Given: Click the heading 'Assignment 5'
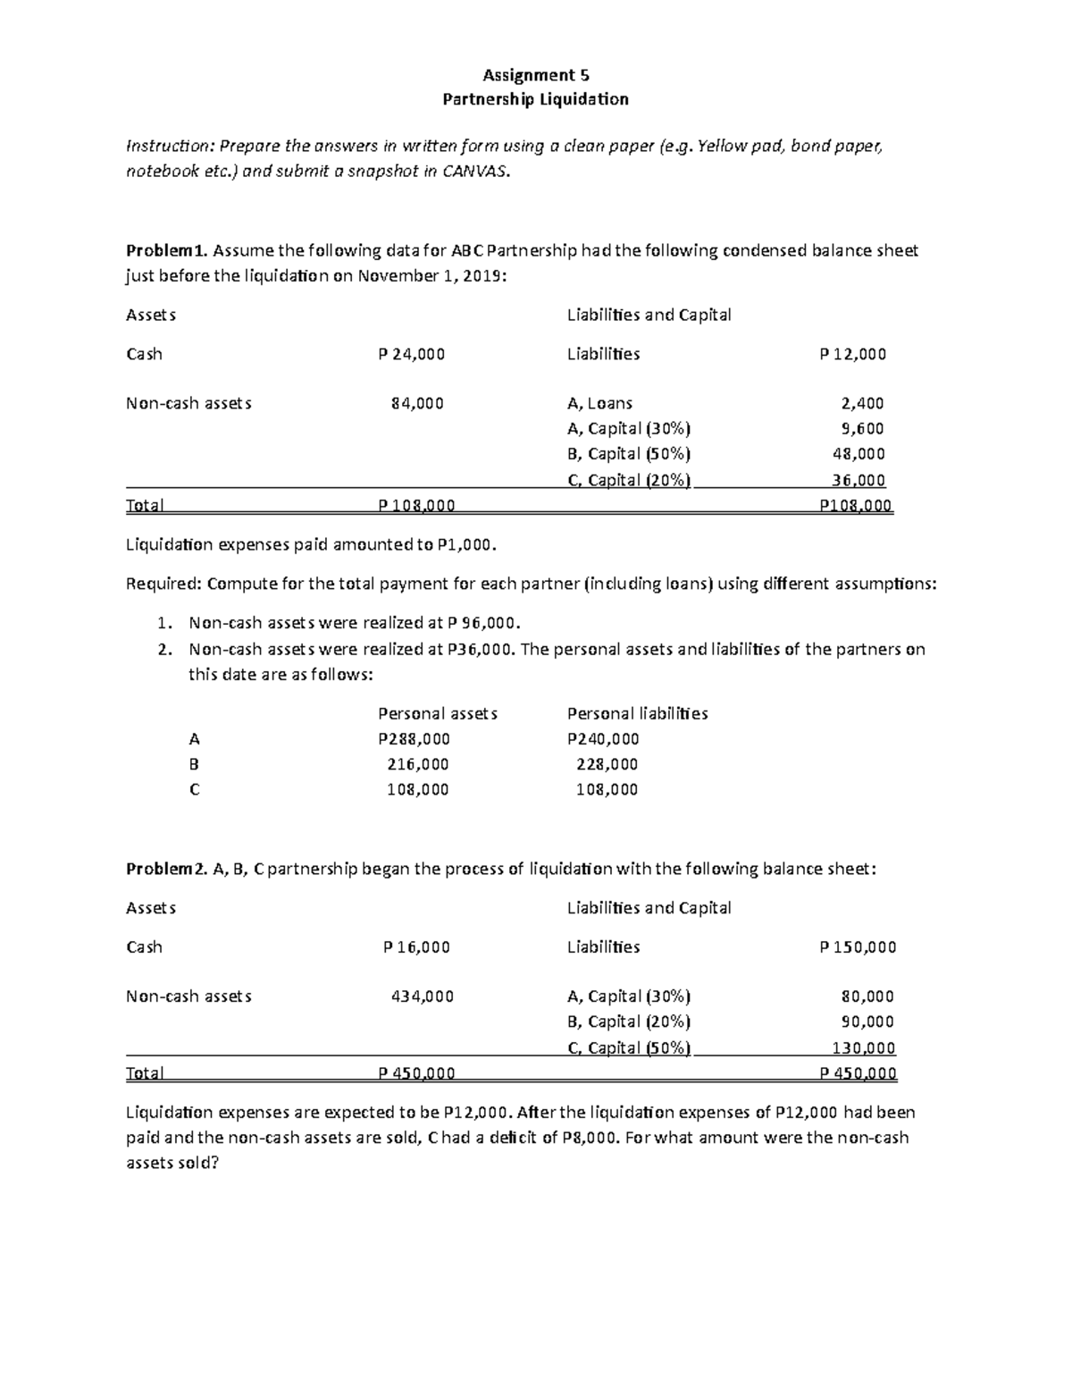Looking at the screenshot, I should click(536, 75).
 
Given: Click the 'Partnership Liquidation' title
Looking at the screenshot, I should click(536, 99).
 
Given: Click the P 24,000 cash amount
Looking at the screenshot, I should click(412, 354).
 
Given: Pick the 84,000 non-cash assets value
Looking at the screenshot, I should click(417, 403).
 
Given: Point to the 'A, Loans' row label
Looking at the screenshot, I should click(599, 403).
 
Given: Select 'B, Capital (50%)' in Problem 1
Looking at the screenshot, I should click(629, 453).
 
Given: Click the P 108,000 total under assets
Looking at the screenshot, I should click(416, 506).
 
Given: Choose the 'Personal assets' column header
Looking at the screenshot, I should click(438, 713).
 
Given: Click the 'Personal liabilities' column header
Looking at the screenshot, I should click(637, 713).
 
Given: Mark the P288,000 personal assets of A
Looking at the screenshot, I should click(414, 739).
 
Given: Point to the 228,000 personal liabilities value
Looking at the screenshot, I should click(607, 764).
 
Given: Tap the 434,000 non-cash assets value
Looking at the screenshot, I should click(423, 997).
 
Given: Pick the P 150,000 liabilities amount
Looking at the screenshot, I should click(858, 947).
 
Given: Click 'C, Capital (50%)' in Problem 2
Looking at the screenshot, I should click(629, 1047).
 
